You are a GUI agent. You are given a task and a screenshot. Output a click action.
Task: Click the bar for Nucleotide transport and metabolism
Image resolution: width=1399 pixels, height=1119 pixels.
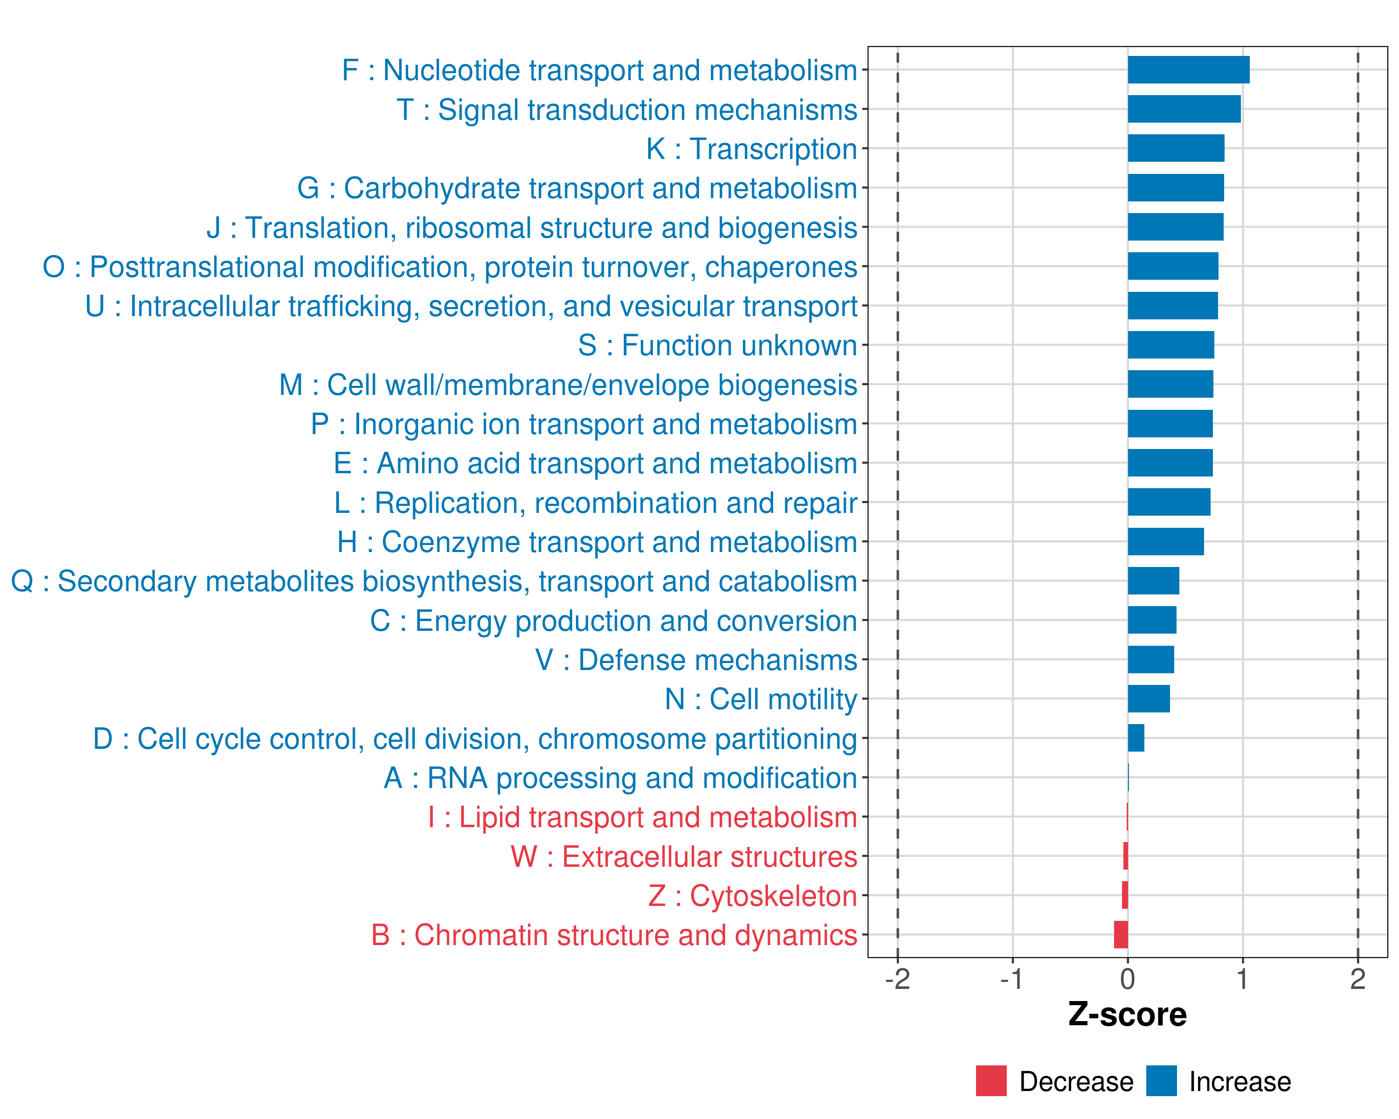tap(1188, 70)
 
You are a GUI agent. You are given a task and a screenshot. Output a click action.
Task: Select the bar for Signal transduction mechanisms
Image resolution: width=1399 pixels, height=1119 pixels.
tap(1184, 109)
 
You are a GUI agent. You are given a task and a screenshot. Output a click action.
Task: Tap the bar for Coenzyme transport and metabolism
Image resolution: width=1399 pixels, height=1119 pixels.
tap(1165, 542)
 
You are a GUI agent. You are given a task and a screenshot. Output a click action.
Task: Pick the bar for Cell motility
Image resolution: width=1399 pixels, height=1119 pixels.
tap(1149, 698)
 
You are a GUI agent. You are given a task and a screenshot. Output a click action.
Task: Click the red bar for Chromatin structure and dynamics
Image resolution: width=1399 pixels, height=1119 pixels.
tap(1121, 935)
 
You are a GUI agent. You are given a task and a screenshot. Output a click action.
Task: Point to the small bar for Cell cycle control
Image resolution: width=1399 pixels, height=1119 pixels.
tap(1136, 738)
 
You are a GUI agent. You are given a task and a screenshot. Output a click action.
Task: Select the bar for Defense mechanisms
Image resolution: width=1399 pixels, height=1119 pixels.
tap(1150, 660)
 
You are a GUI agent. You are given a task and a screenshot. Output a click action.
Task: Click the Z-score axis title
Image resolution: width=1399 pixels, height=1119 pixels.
tap(1127, 1015)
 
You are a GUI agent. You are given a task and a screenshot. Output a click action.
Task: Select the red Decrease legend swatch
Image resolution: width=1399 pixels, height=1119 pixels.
tap(991, 1081)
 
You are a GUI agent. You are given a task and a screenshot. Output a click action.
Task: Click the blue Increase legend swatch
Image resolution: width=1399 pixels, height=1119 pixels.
tap(1161, 1081)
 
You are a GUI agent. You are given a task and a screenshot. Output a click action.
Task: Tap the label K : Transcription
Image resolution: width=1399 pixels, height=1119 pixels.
tap(751, 149)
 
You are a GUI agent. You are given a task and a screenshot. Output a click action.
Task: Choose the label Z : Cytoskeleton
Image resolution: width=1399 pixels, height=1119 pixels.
tap(753, 896)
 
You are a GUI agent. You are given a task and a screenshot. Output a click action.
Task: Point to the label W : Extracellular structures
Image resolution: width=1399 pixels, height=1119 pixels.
tap(684, 857)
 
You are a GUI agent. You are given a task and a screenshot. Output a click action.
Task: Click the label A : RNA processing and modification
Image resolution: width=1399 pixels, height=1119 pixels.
tap(620, 778)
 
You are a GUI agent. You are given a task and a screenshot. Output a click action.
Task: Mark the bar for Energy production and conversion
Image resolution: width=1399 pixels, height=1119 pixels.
tap(1152, 620)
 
